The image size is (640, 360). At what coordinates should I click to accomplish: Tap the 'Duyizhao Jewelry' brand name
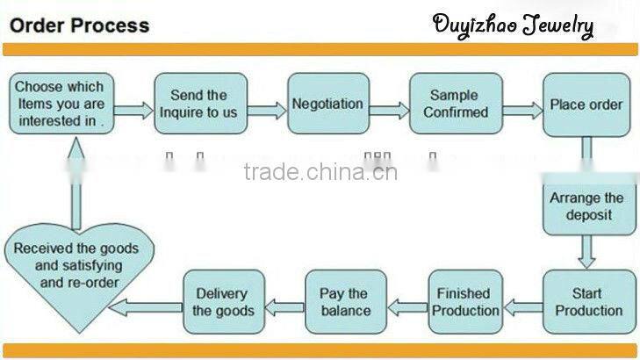click(513, 25)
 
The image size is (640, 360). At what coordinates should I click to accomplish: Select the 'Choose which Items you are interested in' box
click(59, 104)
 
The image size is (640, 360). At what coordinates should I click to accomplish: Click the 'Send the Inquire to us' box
click(200, 104)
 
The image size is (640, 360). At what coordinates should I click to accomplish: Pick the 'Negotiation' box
click(327, 104)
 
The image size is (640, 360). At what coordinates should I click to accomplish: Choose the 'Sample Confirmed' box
click(456, 104)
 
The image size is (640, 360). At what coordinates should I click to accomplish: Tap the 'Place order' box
click(586, 104)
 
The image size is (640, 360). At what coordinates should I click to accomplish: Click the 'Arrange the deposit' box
click(586, 206)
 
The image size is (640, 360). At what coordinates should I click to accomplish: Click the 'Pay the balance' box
click(345, 301)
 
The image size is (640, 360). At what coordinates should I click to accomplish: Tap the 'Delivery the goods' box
click(223, 301)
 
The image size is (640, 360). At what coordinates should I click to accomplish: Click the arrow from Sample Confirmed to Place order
click(521, 110)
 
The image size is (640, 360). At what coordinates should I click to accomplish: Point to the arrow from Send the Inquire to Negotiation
click(268, 110)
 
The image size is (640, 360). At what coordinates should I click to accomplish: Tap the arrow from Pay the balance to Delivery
click(284, 306)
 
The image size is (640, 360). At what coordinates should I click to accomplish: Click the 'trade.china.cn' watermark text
click(320, 171)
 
